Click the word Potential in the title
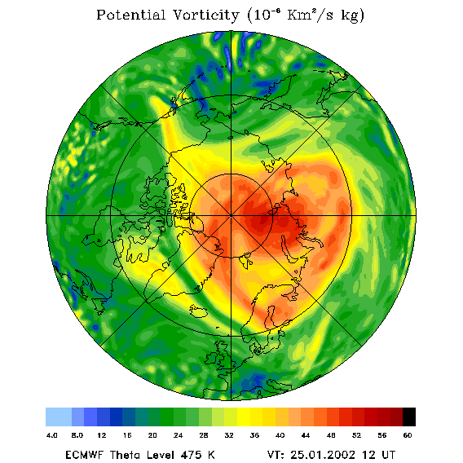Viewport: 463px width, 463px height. (x=130, y=15)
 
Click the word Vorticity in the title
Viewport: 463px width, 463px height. (x=205, y=15)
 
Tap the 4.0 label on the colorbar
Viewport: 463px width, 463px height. (x=51, y=435)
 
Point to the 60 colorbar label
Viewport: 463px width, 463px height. (x=408, y=435)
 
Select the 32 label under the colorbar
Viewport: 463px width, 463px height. (x=229, y=435)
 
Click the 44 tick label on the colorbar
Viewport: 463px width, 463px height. (x=306, y=435)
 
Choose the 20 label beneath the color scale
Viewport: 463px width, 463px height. (x=152, y=435)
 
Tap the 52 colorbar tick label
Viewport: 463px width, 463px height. (x=356, y=435)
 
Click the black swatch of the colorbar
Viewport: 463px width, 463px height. (x=409, y=417)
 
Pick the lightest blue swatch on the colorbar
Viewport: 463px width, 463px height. (x=59, y=417)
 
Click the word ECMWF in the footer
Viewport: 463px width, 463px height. (x=84, y=454)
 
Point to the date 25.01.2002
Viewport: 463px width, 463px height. (x=323, y=454)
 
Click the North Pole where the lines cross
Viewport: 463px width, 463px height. (x=231, y=216)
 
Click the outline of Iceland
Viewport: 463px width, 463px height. (x=198, y=311)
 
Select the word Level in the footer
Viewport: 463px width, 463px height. (x=159, y=454)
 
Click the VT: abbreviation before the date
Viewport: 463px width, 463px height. (x=276, y=454)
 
